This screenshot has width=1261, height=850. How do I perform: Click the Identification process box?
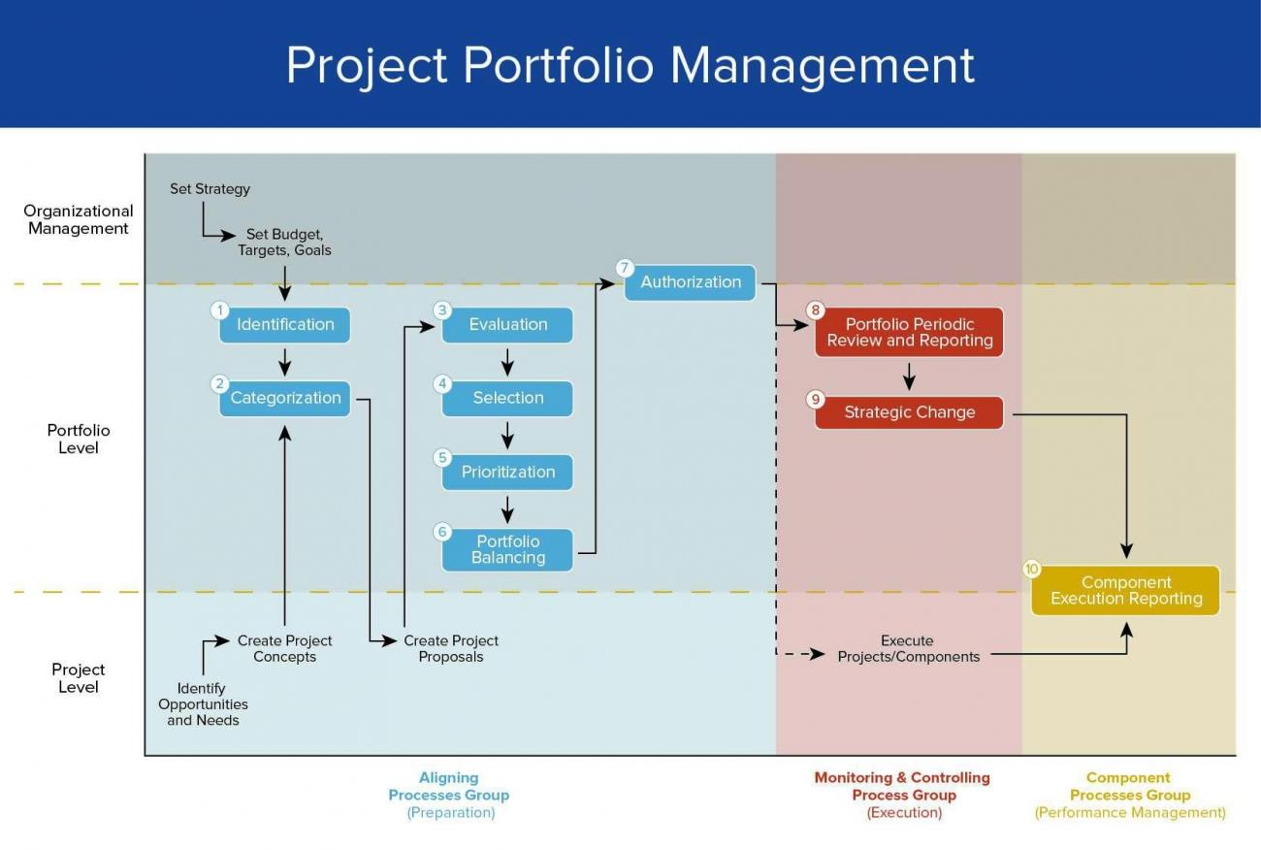284,325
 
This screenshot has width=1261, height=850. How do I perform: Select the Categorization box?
285,398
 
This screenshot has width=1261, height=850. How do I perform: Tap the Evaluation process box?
508,325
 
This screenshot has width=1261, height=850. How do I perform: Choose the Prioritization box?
508,472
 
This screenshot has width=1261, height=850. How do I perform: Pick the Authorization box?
691,282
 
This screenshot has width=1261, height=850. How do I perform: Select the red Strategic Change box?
909,412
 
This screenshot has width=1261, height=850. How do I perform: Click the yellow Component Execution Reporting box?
1125,590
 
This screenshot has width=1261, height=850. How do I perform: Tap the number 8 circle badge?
816,311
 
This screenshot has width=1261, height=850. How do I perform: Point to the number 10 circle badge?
1032,569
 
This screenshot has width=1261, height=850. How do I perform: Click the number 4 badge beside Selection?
443,383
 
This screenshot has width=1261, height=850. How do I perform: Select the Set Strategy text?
210,189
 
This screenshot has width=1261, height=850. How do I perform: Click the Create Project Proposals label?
451,648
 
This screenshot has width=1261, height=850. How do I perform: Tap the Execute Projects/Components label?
908,648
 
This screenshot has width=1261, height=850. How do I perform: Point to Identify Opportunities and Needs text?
203,704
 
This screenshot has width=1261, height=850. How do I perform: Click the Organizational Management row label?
79,219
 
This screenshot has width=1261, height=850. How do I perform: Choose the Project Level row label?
79,677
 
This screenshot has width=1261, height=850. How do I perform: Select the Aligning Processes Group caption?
448,786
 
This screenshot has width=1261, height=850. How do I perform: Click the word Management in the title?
822,66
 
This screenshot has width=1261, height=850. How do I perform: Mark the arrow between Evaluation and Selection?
507,362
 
